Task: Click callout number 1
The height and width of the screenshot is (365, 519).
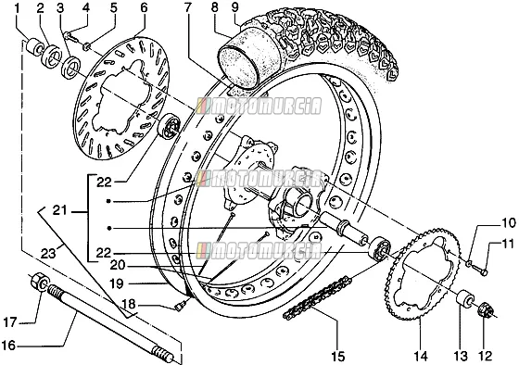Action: click(x=18, y=7)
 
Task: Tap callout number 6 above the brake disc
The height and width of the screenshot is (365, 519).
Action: click(x=144, y=7)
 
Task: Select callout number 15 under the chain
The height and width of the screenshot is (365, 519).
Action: click(x=338, y=357)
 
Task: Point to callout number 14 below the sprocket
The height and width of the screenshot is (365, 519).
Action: click(x=420, y=356)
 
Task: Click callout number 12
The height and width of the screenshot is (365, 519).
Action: click(x=486, y=356)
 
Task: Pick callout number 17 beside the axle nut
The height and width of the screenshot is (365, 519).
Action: click(x=10, y=322)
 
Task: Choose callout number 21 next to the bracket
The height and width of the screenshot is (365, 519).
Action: click(x=60, y=210)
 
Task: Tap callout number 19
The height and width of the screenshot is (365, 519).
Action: click(x=117, y=283)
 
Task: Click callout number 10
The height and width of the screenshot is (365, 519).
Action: click(x=509, y=223)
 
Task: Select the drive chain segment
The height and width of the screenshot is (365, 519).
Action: click(x=317, y=297)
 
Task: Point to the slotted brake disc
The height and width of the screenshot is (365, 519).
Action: click(x=120, y=98)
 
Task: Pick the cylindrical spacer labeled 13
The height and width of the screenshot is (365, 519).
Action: click(x=465, y=297)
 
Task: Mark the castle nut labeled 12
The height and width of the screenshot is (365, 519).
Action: click(x=486, y=310)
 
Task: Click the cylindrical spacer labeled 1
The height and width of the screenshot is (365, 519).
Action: click(x=34, y=47)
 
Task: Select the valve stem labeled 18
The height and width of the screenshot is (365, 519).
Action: click(x=181, y=306)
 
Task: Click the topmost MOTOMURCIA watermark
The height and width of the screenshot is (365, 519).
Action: click(x=259, y=107)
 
